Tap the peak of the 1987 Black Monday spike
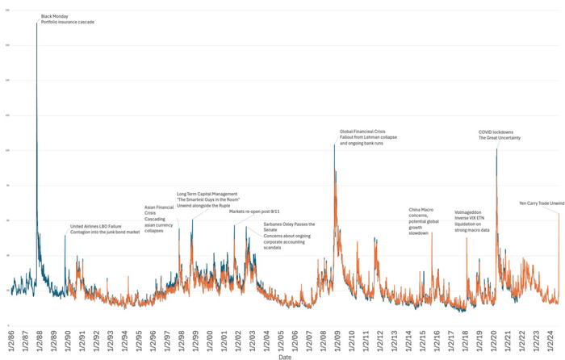[37, 22]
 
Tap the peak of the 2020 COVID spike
[496, 149]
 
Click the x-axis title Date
[285, 356]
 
